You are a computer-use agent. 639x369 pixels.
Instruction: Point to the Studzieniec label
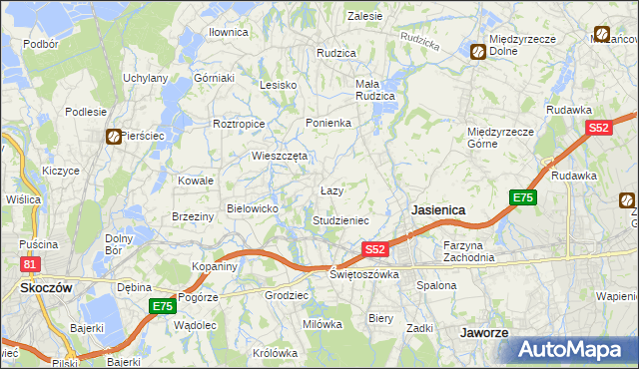tap(340, 219)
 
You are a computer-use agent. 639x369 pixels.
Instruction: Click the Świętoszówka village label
tap(364, 274)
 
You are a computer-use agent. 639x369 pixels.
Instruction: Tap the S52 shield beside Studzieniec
tap(374, 249)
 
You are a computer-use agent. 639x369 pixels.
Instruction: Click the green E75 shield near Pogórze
tap(161, 307)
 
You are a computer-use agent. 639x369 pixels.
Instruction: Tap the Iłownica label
tap(228, 32)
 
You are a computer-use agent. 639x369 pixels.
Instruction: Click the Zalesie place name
tap(364, 16)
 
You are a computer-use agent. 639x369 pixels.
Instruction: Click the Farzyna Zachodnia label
tap(469, 250)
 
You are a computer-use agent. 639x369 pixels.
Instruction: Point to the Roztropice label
tap(239, 124)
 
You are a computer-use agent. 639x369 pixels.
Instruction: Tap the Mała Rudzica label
tap(375, 90)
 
